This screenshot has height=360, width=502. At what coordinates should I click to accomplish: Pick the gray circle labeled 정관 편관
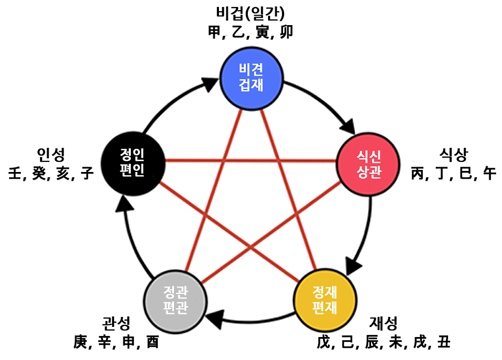[x=176, y=301]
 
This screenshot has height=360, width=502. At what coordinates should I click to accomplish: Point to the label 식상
[x=453, y=155]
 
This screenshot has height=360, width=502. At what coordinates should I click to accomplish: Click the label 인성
[x=51, y=155]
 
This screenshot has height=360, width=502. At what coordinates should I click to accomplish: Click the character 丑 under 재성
[x=443, y=341]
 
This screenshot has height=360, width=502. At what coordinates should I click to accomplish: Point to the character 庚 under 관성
[x=81, y=342]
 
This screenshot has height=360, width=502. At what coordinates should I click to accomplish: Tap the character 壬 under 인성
[x=15, y=174]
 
